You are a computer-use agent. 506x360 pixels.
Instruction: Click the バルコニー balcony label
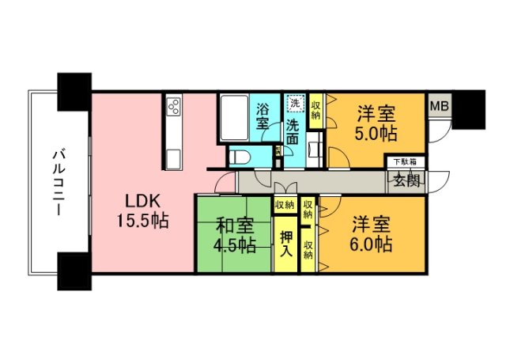coord(59,184)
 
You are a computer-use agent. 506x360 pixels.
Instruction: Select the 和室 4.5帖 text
coord(235,235)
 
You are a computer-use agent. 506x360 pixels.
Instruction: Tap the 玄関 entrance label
coord(403,180)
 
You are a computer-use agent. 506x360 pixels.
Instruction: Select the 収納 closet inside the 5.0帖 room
coord(316,108)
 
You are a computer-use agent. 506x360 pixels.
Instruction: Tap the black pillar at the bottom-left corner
coord(74,271)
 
